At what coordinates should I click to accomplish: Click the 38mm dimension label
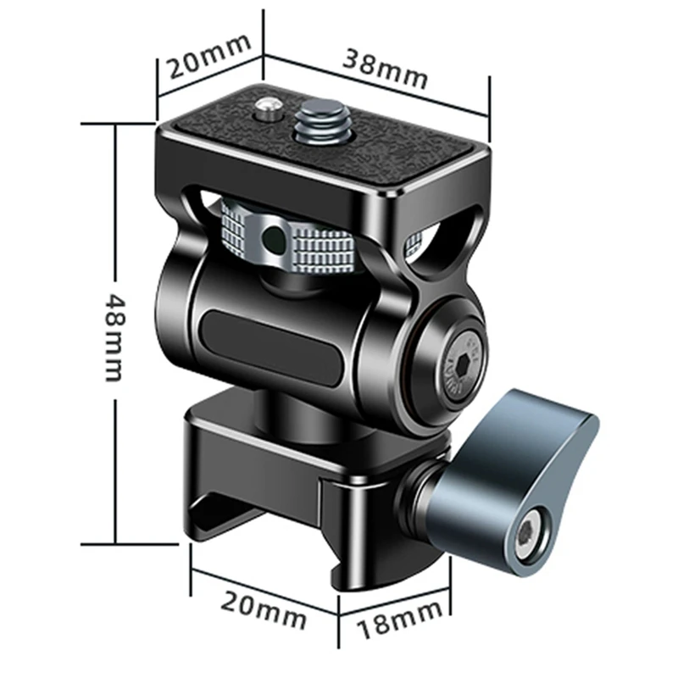point(385,69)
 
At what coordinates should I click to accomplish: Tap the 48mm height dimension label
point(115,337)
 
